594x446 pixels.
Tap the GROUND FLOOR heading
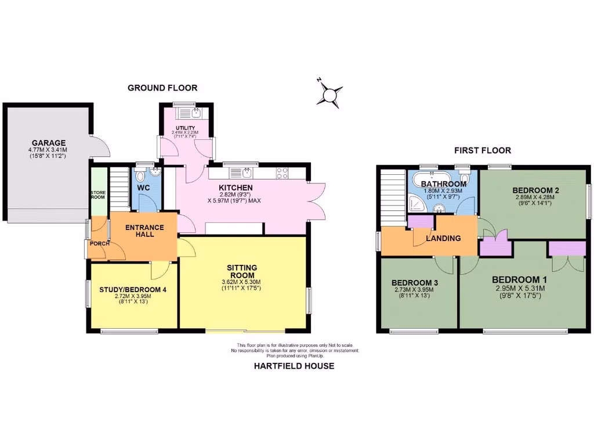coord(162,88)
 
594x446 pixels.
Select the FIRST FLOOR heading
coord(483,150)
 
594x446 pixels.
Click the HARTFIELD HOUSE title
coord(294,366)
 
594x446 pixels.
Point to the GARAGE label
coord(49,143)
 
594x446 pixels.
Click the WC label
coord(143,188)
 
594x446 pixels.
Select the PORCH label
coord(98,244)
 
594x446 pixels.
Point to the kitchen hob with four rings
coord(282,172)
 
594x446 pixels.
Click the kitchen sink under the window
coord(242,172)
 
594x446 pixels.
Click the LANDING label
coord(443,238)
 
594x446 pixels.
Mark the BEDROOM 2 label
coord(535,190)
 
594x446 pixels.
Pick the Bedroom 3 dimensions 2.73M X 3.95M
coord(416,289)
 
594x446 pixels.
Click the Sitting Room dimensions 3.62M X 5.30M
coord(242,283)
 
